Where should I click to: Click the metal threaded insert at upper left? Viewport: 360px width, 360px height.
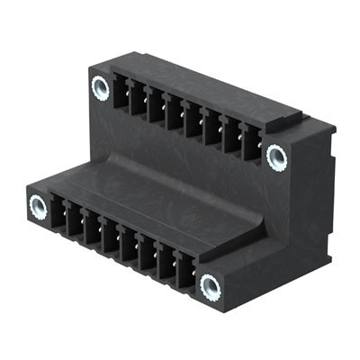click(100, 87)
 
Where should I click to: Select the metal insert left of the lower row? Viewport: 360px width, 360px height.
click(38, 206)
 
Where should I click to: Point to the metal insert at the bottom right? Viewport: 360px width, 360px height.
click(211, 287)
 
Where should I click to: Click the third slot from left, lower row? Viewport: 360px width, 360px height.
click(93, 229)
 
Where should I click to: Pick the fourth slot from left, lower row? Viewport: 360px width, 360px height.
click(111, 238)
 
